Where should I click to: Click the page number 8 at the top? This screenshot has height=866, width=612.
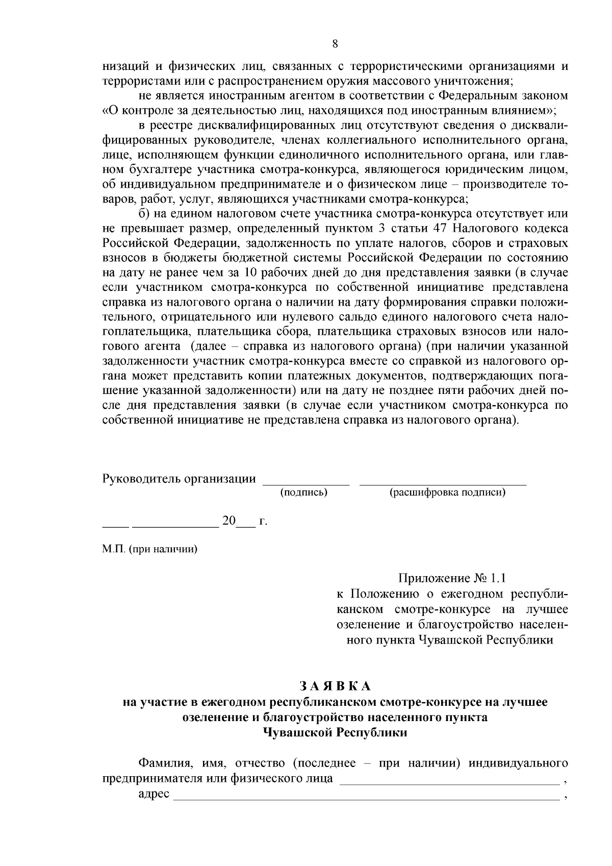coord(335,43)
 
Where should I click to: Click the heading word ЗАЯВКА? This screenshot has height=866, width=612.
coord(335,685)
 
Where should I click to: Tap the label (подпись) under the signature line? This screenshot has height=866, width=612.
coord(304,492)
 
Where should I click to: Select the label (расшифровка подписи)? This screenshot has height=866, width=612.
coord(447,492)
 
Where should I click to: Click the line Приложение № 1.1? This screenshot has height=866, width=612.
coord(452,578)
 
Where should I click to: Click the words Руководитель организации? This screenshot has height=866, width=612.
coord(179,479)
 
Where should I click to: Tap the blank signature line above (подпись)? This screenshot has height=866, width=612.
coord(305,482)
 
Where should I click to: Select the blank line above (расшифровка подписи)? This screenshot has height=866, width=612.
coord(443,482)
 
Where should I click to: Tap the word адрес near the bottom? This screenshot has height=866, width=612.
coord(154,796)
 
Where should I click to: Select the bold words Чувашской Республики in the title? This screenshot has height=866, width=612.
coord(335,732)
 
